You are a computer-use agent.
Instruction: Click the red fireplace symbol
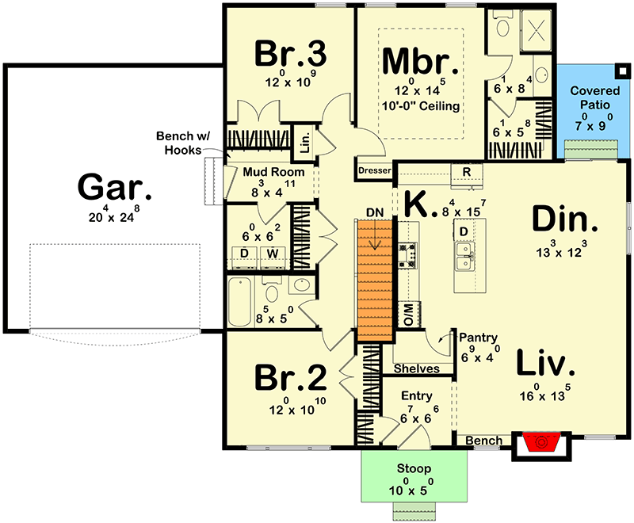(541, 442)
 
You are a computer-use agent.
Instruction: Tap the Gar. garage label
(114, 187)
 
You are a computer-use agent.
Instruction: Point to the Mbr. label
(420, 62)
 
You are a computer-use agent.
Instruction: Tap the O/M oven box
(409, 314)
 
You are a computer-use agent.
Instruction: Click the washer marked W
(273, 258)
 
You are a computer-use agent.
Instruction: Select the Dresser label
(375, 170)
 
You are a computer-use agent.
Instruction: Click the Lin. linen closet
(306, 142)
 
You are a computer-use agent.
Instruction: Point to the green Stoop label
(414, 468)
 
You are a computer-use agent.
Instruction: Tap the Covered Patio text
(595, 97)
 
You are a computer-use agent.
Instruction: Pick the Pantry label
(478, 337)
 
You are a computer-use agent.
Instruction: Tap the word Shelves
(417, 368)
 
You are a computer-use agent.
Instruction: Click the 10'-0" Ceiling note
(421, 106)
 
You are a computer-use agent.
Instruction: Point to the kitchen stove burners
(407, 255)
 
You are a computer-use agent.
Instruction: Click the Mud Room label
(273, 172)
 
